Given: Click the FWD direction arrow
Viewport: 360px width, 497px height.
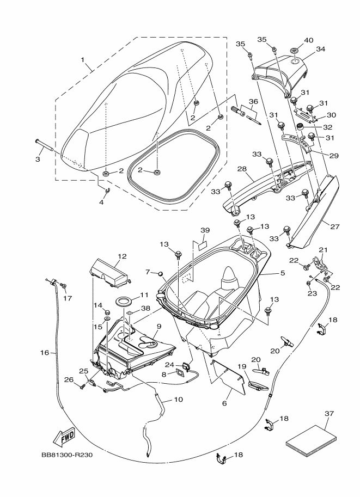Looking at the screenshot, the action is (x=64, y=437).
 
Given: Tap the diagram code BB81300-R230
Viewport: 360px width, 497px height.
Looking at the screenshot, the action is (x=67, y=455).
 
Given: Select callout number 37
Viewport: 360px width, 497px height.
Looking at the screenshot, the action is (x=330, y=413).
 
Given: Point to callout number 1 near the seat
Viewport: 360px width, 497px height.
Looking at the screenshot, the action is (x=83, y=59).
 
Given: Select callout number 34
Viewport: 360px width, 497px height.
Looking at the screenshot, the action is (x=321, y=49).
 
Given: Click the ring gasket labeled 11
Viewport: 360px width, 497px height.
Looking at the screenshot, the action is (x=124, y=301).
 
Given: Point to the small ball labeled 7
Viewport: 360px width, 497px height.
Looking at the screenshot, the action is (x=161, y=273).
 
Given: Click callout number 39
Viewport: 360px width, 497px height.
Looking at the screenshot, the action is (x=205, y=230).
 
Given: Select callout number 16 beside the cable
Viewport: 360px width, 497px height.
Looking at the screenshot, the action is (x=45, y=352).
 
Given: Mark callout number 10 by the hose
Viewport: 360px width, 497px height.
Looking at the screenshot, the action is (x=179, y=400).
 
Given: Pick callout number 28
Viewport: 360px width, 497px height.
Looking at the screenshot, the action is (x=242, y=169).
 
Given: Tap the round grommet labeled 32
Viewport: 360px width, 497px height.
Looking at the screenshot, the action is (x=300, y=127).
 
